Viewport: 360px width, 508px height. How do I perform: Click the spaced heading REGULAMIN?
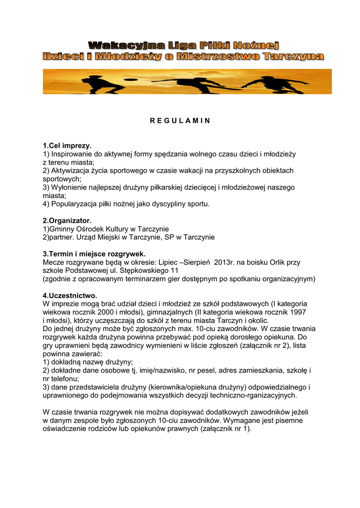point(180,121)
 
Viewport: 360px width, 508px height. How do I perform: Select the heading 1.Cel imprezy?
point(67,146)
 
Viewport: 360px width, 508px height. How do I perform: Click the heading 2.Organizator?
point(67,220)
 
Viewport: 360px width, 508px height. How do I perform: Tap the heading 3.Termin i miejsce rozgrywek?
point(94,254)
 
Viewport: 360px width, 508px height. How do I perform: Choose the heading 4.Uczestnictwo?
point(70,295)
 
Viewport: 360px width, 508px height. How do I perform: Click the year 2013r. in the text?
point(226,262)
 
